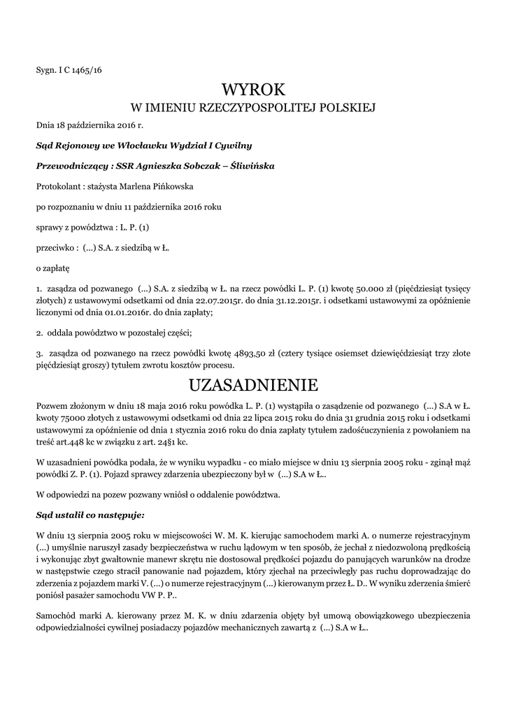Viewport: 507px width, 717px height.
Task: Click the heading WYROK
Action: (253, 90)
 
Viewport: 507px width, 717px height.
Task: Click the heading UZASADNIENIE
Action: (253, 385)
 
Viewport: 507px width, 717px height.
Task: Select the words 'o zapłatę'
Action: (52, 267)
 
